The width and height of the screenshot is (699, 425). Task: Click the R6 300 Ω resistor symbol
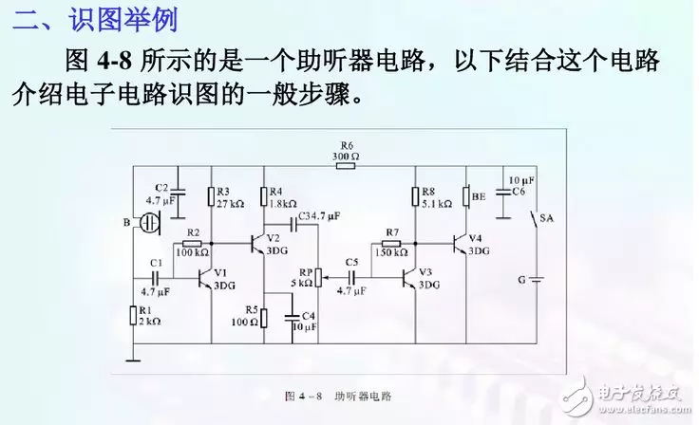click(x=345, y=166)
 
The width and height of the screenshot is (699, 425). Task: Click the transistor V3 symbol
click(x=410, y=278)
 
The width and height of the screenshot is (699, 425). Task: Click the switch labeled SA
click(x=533, y=222)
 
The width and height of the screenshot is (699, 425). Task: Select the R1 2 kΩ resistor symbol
click(x=132, y=315)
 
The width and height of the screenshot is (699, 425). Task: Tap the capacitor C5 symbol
click(x=352, y=277)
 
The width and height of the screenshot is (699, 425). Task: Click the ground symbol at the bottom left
click(x=132, y=359)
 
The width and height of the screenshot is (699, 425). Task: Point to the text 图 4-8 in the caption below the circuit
click(x=303, y=396)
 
